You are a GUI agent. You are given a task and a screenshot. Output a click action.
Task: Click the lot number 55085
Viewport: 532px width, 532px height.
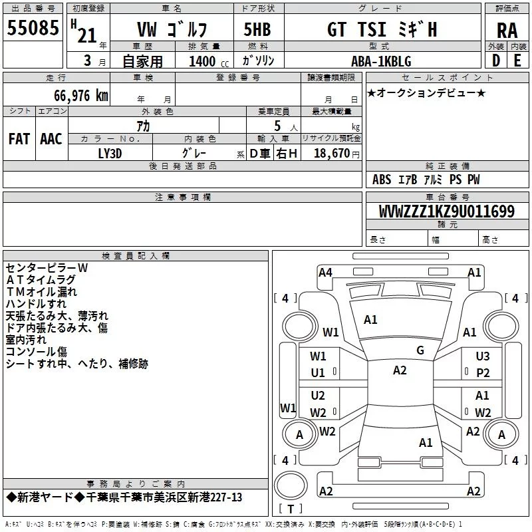[33, 28]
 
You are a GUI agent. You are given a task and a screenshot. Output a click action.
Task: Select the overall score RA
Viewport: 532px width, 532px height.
[507, 31]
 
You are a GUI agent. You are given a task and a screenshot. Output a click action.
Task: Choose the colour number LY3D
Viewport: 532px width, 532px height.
[110, 153]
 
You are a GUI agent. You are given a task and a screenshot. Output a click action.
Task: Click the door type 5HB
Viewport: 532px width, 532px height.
[257, 30]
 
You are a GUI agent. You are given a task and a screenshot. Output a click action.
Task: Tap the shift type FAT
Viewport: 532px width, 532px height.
[19, 138]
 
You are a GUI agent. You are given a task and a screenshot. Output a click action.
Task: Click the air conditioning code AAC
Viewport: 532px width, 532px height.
[51, 138]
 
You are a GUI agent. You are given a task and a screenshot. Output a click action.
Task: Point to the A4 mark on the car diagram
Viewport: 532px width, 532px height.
[325, 272]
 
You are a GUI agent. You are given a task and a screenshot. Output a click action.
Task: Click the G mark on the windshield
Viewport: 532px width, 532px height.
[420, 350]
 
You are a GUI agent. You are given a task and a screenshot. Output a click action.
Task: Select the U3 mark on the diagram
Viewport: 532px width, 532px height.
[483, 356]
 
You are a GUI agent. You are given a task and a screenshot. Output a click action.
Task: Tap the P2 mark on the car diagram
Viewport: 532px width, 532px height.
[483, 373]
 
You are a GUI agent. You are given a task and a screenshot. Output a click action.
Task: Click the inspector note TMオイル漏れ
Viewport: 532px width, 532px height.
[41, 291]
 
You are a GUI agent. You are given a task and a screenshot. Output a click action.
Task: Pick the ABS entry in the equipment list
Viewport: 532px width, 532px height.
[382, 180]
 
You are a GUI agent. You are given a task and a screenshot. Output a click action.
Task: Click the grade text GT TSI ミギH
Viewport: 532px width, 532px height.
[382, 30]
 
